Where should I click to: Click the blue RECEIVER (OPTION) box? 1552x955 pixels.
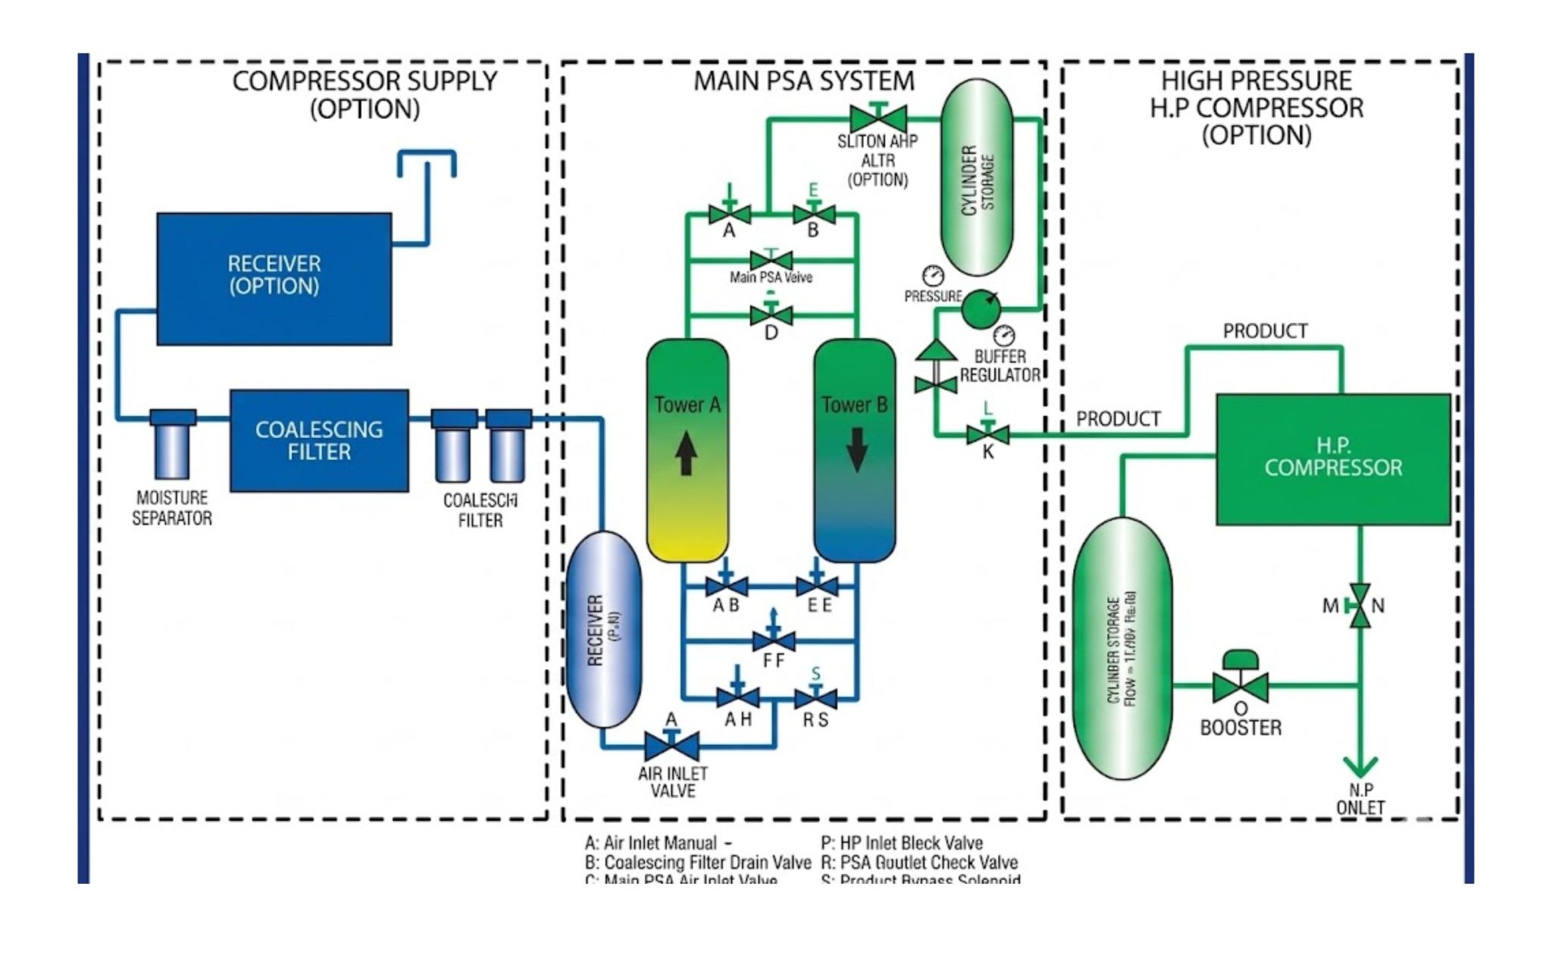pos(274,277)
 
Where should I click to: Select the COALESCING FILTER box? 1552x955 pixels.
pos(319,440)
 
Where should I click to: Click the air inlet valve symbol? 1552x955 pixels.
pos(671,746)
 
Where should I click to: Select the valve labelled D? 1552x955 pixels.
pos(771,315)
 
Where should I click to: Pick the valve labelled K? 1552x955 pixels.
pos(987,434)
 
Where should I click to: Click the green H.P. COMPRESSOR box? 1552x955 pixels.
pos(1333,458)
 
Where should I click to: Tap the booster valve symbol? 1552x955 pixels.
pos(1240,686)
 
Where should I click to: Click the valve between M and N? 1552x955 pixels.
pos(1360,606)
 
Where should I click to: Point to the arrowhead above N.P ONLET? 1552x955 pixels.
pos(1360,767)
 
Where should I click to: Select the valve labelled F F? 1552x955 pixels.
pos(774,641)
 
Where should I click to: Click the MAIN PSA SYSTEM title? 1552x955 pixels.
pos(804,81)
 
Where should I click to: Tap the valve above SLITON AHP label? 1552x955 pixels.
pos(878,118)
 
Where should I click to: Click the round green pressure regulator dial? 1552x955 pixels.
pos(981,308)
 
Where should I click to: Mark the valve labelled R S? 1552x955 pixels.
pos(815,698)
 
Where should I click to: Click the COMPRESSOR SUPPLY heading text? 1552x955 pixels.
pos(365,81)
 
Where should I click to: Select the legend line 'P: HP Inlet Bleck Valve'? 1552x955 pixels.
pos(902,843)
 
